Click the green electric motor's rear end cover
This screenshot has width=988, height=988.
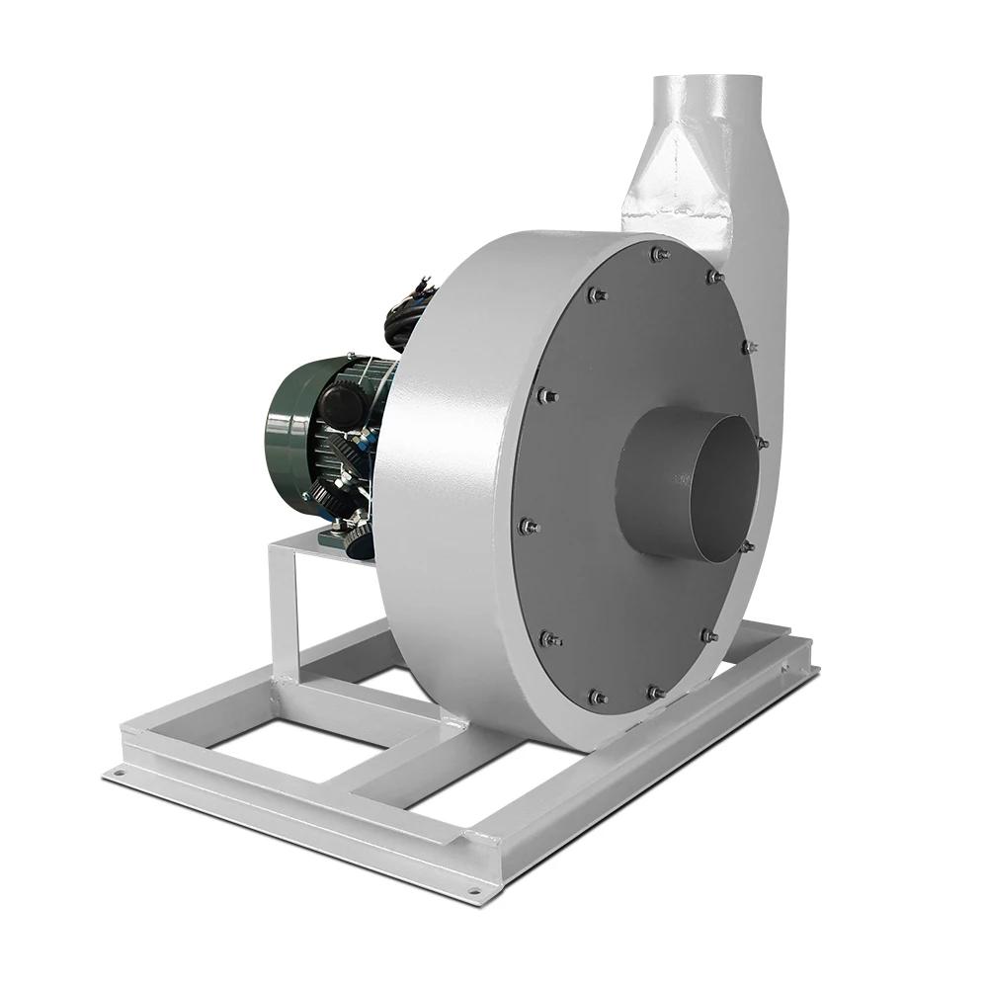(287, 435)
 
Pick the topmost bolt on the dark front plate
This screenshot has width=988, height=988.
(657, 255)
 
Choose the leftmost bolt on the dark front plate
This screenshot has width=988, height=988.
(527, 527)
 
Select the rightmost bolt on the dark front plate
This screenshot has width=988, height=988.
(761, 443)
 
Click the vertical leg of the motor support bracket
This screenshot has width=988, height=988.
(283, 613)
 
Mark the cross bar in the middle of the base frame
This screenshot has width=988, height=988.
(395, 771)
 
